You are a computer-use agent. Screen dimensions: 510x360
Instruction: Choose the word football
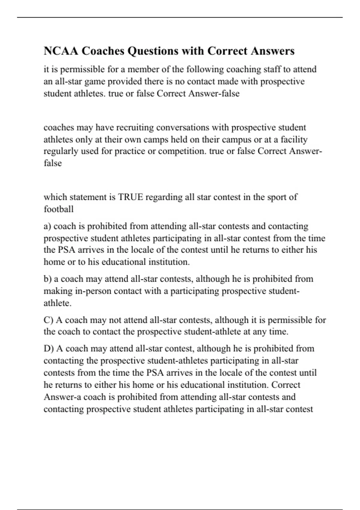point(58,209)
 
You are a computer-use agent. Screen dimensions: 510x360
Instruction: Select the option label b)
point(48,279)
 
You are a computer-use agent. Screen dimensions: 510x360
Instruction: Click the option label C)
point(48,320)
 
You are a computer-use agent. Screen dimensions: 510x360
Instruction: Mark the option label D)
point(49,349)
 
